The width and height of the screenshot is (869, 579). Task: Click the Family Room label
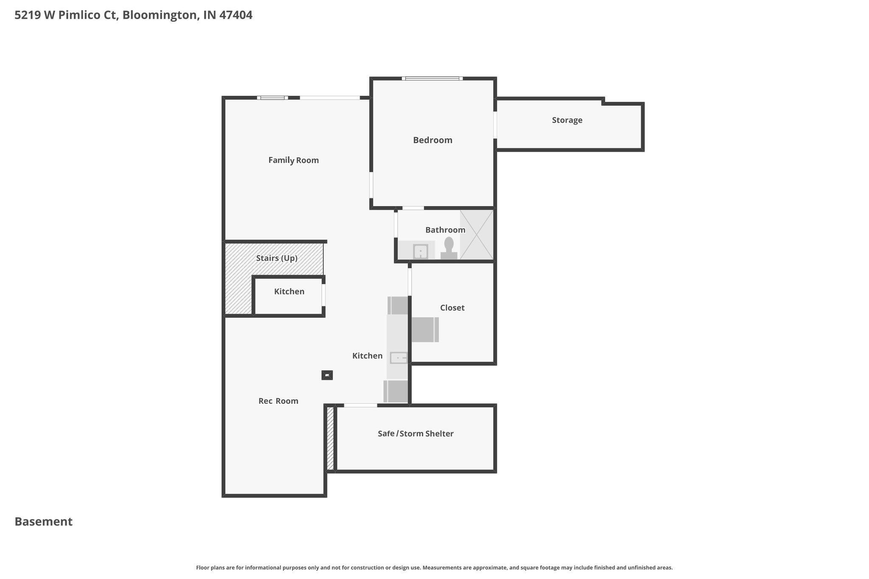(x=293, y=160)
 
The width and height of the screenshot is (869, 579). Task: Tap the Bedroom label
(x=432, y=140)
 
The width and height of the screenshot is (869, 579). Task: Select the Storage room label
(x=567, y=120)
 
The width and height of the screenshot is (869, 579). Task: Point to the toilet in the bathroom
(x=449, y=249)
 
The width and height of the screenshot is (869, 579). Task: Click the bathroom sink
(x=420, y=252)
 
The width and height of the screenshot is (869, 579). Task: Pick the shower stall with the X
(x=477, y=235)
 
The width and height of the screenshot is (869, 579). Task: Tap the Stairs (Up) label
(x=277, y=258)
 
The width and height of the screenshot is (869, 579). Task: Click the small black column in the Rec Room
(x=327, y=375)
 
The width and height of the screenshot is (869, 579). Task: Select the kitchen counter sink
(x=399, y=358)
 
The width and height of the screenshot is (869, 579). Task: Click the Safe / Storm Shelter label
(x=415, y=434)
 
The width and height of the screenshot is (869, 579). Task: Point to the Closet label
(x=452, y=308)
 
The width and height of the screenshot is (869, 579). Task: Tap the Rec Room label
(x=278, y=401)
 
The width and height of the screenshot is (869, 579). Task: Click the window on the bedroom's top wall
(x=432, y=78)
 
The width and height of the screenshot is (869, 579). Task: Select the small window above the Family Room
(x=272, y=98)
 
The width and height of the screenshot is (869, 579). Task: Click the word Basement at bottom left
(x=44, y=521)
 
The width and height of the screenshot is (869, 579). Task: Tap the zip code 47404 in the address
(x=236, y=15)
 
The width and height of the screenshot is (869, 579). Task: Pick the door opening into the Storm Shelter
(x=360, y=406)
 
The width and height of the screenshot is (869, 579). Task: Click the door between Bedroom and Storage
(x=495, y=125)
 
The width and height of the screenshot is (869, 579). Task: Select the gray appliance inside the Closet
(x=425, y=330)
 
